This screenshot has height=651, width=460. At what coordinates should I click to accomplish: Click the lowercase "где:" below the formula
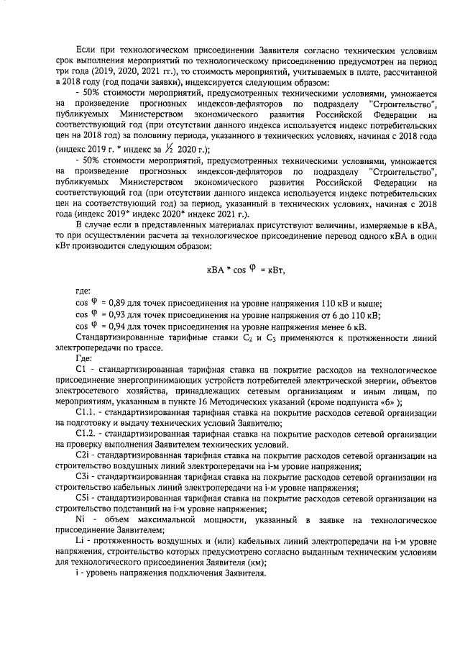click(83, 291)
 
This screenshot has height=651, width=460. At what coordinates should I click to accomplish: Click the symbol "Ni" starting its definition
click(80, 519)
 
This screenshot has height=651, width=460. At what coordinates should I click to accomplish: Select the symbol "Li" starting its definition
click(79, 540)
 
